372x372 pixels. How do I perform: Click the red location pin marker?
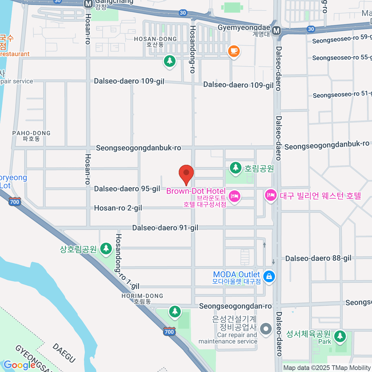186,173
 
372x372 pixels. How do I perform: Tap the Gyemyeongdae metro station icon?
276,30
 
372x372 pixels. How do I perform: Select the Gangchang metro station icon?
88,4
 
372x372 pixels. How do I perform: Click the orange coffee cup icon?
234,51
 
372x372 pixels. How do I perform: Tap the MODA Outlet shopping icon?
269,276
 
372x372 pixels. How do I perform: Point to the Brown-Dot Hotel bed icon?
234,196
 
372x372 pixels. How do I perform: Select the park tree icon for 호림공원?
236,168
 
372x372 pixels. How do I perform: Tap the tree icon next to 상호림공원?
106,248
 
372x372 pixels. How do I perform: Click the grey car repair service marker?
266,329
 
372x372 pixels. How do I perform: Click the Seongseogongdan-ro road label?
235,306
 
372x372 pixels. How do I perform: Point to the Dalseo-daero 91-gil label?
165,228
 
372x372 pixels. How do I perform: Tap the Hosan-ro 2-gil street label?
118,208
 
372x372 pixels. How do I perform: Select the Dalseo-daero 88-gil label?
318,259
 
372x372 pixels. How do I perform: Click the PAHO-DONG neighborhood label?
31,136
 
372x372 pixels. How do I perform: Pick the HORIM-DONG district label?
142,299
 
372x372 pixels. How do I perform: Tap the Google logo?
19,365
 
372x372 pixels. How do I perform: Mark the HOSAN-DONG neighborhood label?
155,42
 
